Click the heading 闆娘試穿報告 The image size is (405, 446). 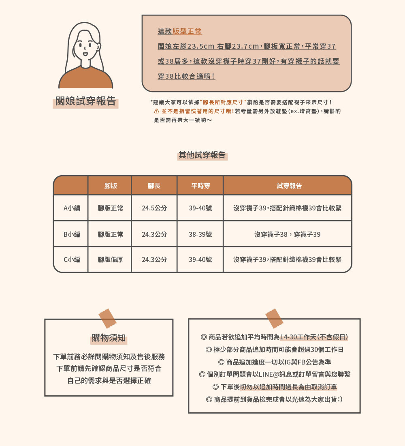pos(85,101)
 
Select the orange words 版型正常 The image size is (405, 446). pos(187,31)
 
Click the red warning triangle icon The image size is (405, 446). pos(156,111)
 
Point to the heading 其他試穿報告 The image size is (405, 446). pos(202,155)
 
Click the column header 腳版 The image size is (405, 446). pos(110,186)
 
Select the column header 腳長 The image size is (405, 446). pos(154,186)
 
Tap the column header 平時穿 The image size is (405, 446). pos(200,186)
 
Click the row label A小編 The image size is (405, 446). pos(72,208)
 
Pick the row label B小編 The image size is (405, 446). pos(72,234)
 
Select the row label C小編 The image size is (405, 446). pos(72,259)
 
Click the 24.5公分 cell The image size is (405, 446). pos(154,208)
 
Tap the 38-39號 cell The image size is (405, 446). pos(200,234)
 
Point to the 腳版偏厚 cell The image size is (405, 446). pos(110,259)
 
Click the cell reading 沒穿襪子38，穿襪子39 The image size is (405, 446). pos(288,234)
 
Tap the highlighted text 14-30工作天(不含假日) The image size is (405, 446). pos(314,337)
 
